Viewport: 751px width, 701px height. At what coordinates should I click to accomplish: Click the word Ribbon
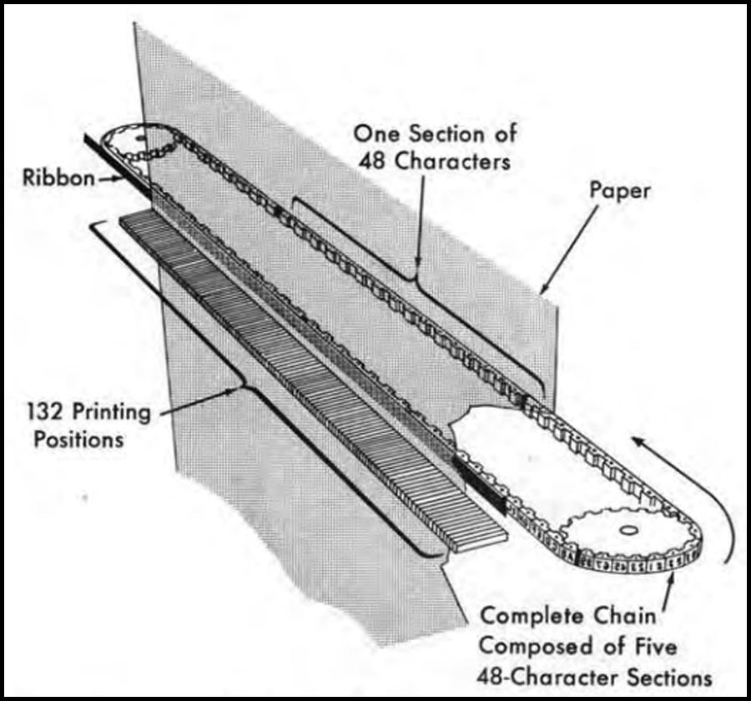click(x=59, y=178)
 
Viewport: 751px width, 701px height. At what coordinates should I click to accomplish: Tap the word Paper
click(x=620, y=191)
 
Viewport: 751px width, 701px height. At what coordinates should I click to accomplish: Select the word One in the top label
click(x=375, y=133)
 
